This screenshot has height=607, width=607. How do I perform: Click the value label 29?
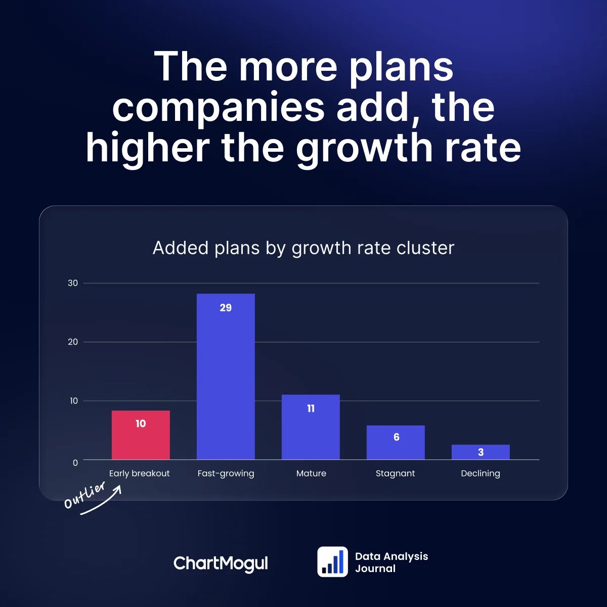[226, 308]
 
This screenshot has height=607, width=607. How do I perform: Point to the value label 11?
[311, 409]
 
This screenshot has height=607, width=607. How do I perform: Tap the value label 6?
[396, 437]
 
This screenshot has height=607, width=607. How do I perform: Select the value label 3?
[481, 452]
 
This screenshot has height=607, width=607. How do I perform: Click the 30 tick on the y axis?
[73, 283]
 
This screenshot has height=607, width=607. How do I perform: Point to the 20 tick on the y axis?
[73, 342]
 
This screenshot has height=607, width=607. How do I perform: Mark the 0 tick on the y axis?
[75, 462]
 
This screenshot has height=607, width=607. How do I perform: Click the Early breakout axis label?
[140, 473]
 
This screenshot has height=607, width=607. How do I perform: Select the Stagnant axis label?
[395, 473]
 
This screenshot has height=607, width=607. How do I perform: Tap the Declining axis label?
[481, 473]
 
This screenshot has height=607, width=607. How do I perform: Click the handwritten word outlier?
[84, 495]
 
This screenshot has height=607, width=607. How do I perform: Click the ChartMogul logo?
[221, 563]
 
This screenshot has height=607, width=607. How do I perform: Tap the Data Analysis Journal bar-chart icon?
[332, 561]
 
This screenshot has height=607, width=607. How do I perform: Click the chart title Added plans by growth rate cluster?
[303, 248]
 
